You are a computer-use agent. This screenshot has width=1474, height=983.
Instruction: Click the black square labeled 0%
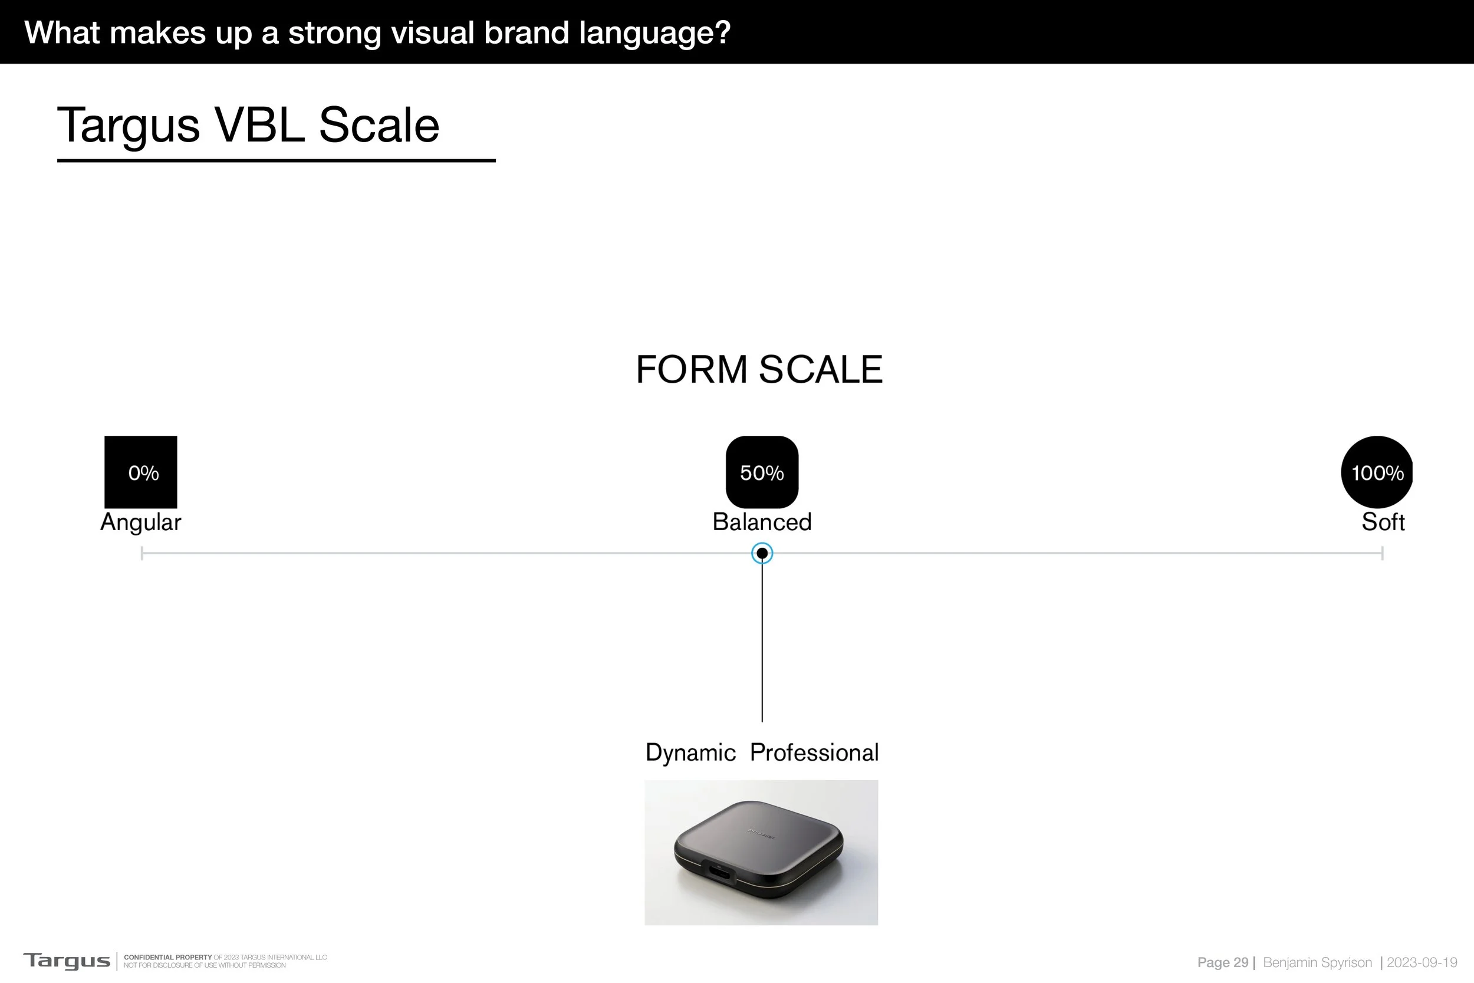pyautogui.click(x=140, y=472)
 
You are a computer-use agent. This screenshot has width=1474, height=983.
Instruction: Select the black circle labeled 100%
pyautogui.click(x=1377, y=472)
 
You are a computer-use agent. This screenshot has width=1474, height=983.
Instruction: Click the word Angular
pyautogui.click(x=140, y=522)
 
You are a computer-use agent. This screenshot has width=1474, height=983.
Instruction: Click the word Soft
pyautogui.click(x=1383, y=522)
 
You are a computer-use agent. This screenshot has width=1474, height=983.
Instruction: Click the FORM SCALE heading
pyautogui.click(x=759, y=369)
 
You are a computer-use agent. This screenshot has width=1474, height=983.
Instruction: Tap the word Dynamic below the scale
pyautogui.click(x=690, y=752)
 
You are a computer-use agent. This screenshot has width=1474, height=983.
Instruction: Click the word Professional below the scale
pyautogui.click(x=814, y=752)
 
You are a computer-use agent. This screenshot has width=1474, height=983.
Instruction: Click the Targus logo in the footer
pyautogui.click(x=67, y=961)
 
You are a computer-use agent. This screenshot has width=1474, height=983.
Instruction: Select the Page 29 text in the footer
pyautogui.click(x=1222, y=962)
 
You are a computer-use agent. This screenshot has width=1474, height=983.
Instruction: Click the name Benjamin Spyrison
pyautogui.click(x=1317, y=962)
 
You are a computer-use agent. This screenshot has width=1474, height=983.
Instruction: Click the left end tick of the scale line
pyautogui.click(x=142, y=553)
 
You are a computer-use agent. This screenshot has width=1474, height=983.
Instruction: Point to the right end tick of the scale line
pyautogui.click(x=1382, y=553)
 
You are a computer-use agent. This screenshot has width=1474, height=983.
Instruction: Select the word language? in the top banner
pyautogui.click(x=654, y=32)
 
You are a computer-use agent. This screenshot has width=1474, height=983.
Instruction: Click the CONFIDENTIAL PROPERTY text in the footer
pyautogui.click(x=167, y=957)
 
